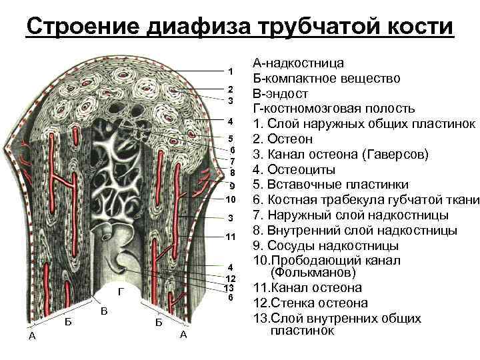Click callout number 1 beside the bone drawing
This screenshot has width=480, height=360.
(230, 71)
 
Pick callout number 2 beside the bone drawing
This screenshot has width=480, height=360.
(230, 89)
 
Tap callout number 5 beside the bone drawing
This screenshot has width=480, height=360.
(231, 138)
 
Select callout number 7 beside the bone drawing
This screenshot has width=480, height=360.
(231, 161)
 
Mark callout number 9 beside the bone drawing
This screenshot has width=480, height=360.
(231, 185)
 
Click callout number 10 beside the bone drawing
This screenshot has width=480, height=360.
(231, 200)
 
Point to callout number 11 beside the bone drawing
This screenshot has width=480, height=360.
(231, 237)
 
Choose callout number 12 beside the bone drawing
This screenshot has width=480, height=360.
(231, 277)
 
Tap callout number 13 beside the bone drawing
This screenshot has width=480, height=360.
(229, 287)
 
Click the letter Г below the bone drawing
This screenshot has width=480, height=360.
(120, 292)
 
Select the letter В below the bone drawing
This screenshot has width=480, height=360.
(104, 312)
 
